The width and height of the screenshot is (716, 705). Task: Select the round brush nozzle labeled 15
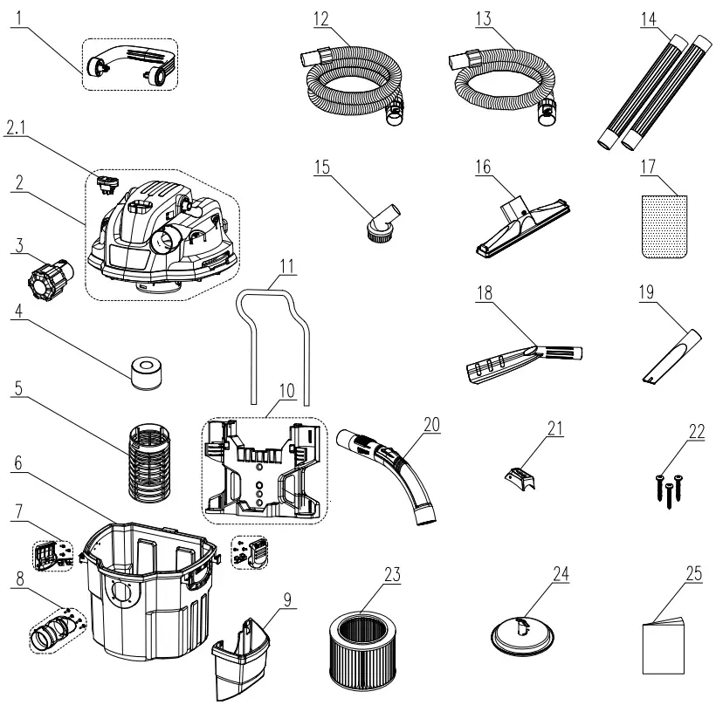pos(382,222)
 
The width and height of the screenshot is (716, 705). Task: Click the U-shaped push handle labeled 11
pos(272,332)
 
